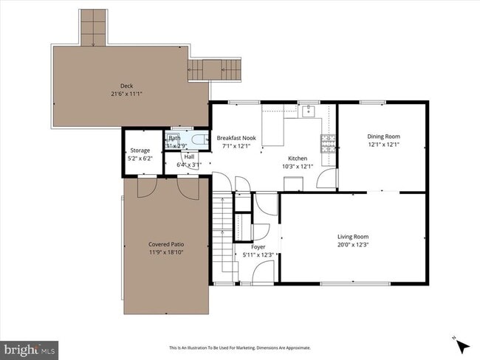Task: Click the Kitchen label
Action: click(x=298, y=159)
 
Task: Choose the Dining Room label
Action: click(x=383, y=136)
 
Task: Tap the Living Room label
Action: click(x=352, y=237)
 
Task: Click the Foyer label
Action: click(x=258, y=247)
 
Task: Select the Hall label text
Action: click(x=189, y=156)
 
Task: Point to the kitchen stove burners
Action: click(x=327, y=142)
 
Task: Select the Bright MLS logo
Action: click(x=30, y=347)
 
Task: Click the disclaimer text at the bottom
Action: click(x=240, y=347)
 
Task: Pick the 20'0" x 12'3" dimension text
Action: click(x=352, y=245)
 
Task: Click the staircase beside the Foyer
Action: click(x=223, y=236)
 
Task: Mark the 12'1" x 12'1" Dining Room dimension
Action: click(x=383, y=145)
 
